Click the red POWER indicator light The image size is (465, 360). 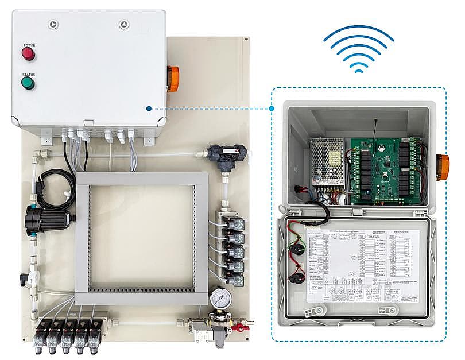pyautogui.click(x=28, y=55)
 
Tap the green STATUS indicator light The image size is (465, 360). pyautogui.click(x=28, y=83)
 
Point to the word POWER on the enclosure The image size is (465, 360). pyautogui.click(x=29, y=45)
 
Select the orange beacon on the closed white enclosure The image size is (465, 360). pyautogui.click(x=172, y=79)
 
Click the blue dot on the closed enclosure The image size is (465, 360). pyautogui.click(x=149, y=108)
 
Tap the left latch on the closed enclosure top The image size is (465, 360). pyautogui.click(x=53, y=25)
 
